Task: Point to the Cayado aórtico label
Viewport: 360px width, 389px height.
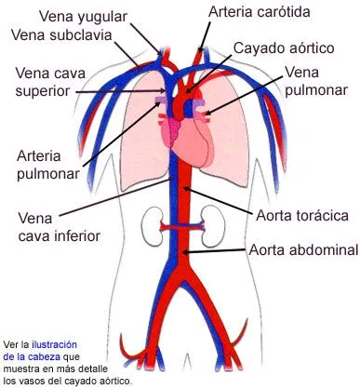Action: coord(283,47)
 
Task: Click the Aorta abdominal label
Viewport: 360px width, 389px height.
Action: coord(302,250)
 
